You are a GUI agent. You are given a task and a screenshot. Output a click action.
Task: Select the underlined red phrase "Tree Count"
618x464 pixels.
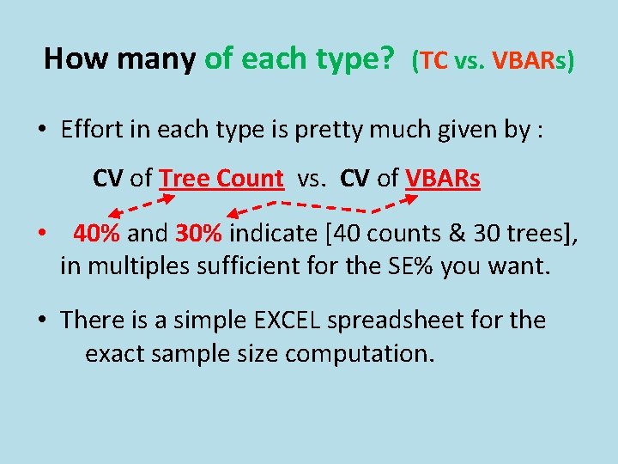pos(221,178)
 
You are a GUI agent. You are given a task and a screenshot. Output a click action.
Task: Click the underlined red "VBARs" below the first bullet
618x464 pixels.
pos(442,178)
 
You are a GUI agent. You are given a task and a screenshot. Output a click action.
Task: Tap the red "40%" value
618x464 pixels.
pos(98,233)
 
